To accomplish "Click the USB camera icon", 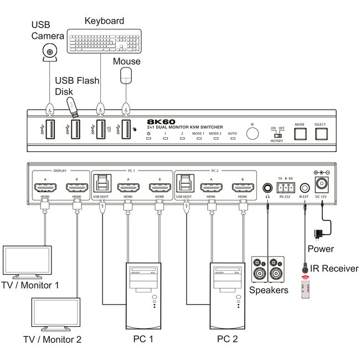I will click(x=50, y=53).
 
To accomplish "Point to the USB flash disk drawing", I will click(x=73, y=107).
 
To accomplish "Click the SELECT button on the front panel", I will click(x=321, y=133).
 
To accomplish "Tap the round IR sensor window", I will click(x=253, y=134).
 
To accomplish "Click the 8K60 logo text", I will click(x=161, y=121).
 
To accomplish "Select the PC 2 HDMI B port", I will click(x=242, y=188).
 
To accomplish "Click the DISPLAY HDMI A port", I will click(x=43, y=188).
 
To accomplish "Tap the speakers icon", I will click(x=269, y=270).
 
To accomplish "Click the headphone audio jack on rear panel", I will click(x=268, y=188).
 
